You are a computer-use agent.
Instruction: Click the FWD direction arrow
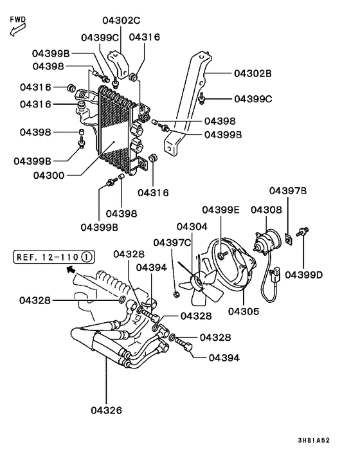17,30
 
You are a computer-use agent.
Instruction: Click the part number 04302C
122,21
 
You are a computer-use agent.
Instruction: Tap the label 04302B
253,73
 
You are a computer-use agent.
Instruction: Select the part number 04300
49,176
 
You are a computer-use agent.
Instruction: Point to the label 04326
107,410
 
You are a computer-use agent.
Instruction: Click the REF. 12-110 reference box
54,257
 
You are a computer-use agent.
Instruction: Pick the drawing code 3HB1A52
314,440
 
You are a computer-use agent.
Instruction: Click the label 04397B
288,191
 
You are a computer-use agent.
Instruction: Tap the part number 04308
266,210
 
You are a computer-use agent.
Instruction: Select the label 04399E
221,210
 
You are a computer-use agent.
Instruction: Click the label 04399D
303,275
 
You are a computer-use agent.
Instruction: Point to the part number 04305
244,311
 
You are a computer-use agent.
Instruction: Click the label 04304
192,227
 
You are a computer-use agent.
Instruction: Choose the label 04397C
172,242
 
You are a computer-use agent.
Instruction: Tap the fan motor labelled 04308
267,240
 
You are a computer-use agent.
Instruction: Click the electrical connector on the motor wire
274,274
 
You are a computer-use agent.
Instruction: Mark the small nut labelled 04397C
175,295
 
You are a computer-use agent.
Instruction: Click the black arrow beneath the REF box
71,269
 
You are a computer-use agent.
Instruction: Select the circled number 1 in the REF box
87,257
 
